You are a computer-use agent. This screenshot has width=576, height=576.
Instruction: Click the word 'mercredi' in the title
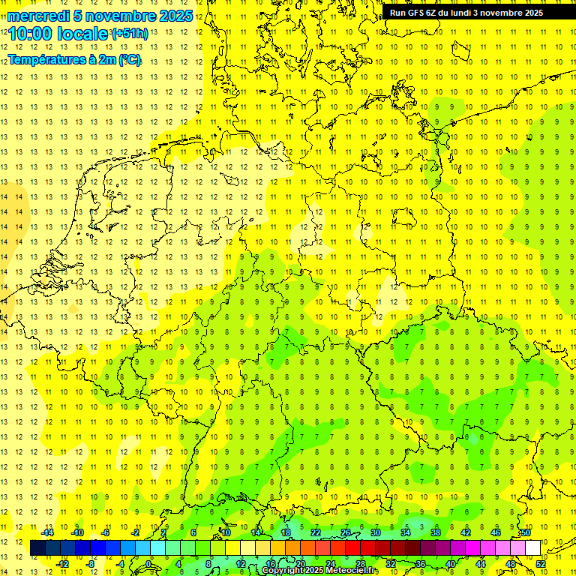[38, 16]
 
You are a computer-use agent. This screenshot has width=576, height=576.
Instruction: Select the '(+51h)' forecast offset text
[129, 33]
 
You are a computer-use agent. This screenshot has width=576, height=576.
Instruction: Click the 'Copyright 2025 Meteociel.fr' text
[319, 570]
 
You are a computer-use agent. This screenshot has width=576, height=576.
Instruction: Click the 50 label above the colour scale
[526, 532]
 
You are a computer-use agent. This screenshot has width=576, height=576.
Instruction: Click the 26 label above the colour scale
[346, 532]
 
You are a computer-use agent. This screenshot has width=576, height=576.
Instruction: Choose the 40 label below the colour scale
[451, 563]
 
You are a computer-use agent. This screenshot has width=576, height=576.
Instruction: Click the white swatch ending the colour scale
[533, 547]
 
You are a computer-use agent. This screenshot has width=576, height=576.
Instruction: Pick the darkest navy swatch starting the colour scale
[38, 547]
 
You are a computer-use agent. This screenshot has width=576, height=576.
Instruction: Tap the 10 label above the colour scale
[226, 532]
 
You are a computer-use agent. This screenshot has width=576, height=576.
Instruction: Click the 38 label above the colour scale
[436, 532]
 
